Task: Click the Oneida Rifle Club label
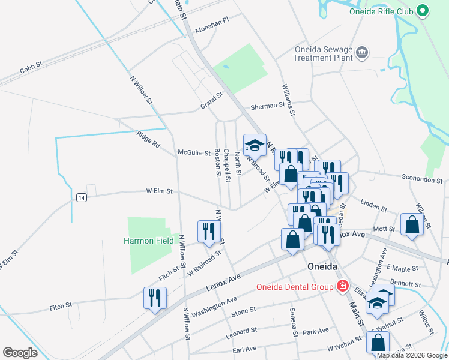(381, 11)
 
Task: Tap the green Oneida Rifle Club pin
(423, 11)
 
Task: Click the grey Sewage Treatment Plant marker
(361, 53)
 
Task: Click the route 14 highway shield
(82, 197)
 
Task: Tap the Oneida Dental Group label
(295, 287)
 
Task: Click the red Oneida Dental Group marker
(342, 286)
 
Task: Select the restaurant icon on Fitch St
(155, 298)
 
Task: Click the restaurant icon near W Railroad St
(207, 232)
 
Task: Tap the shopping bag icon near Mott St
(412, 224)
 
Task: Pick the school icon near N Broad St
(255, 145)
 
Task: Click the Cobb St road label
(31, 68)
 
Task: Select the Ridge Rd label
(148, 140)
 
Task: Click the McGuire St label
(194, 153)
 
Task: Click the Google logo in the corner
(20, 353)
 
